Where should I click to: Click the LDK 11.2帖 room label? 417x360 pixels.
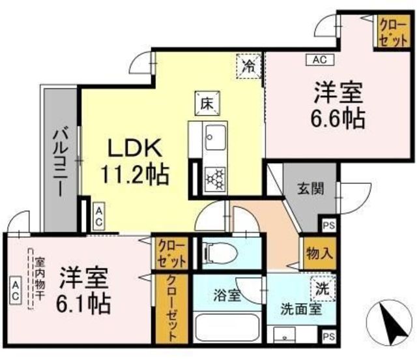(x=135, y=161)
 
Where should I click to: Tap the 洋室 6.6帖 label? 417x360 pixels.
(x=338, y=105)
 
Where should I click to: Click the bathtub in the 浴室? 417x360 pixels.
(x=227, y=327)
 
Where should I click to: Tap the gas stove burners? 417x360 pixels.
(x=215, y=179)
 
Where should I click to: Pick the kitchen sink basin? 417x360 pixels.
(x=216, y=138)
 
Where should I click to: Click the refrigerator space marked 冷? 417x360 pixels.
(x=249, y=66)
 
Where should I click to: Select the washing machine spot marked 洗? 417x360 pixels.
(x=323, y=288)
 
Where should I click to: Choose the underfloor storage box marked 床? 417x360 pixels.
(x=207, y=104)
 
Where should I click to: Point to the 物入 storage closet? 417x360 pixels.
(x=320, y=253)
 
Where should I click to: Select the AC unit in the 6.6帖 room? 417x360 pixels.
(x=320, y=59)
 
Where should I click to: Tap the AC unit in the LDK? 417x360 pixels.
(x=99, y=217)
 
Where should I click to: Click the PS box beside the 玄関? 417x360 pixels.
(x=328, y=225)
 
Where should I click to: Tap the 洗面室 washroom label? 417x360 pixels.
(x=301, y=310)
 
